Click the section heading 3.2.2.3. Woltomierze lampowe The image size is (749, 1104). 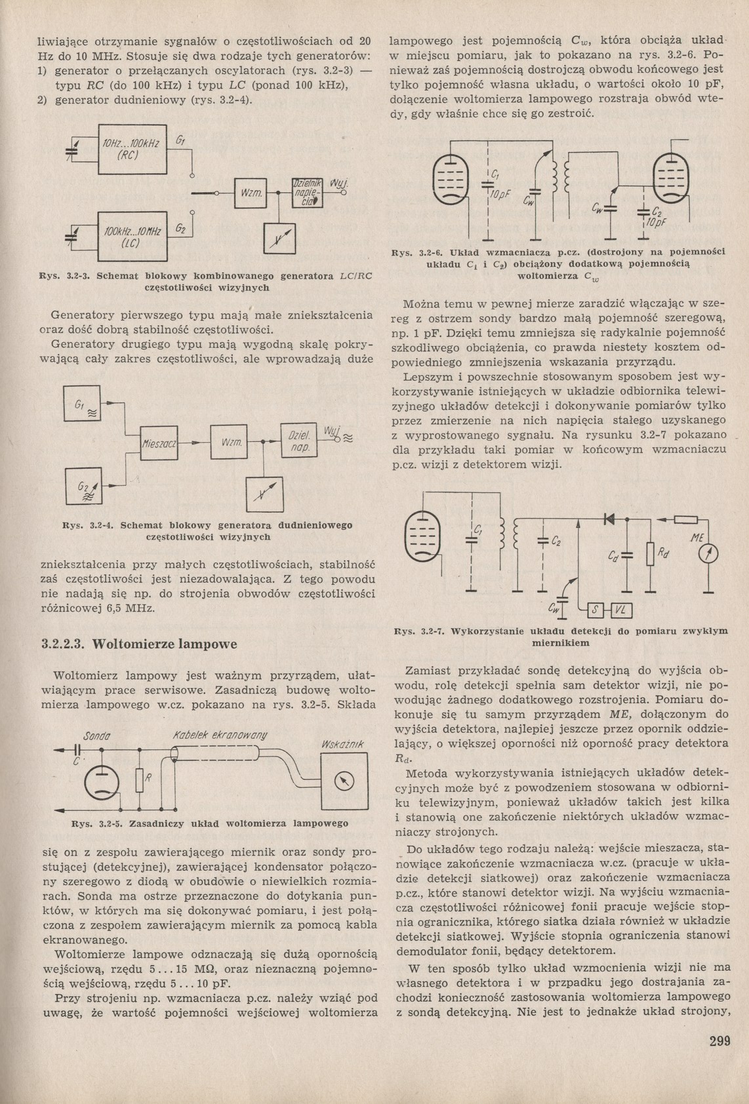click(x=139, y=644)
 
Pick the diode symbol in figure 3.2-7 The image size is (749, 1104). click(x=609, y=519)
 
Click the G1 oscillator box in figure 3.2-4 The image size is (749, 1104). click(x=83, y=404)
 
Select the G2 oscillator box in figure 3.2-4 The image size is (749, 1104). click(x=85, y=487)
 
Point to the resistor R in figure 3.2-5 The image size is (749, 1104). click(x=139, y=779)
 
